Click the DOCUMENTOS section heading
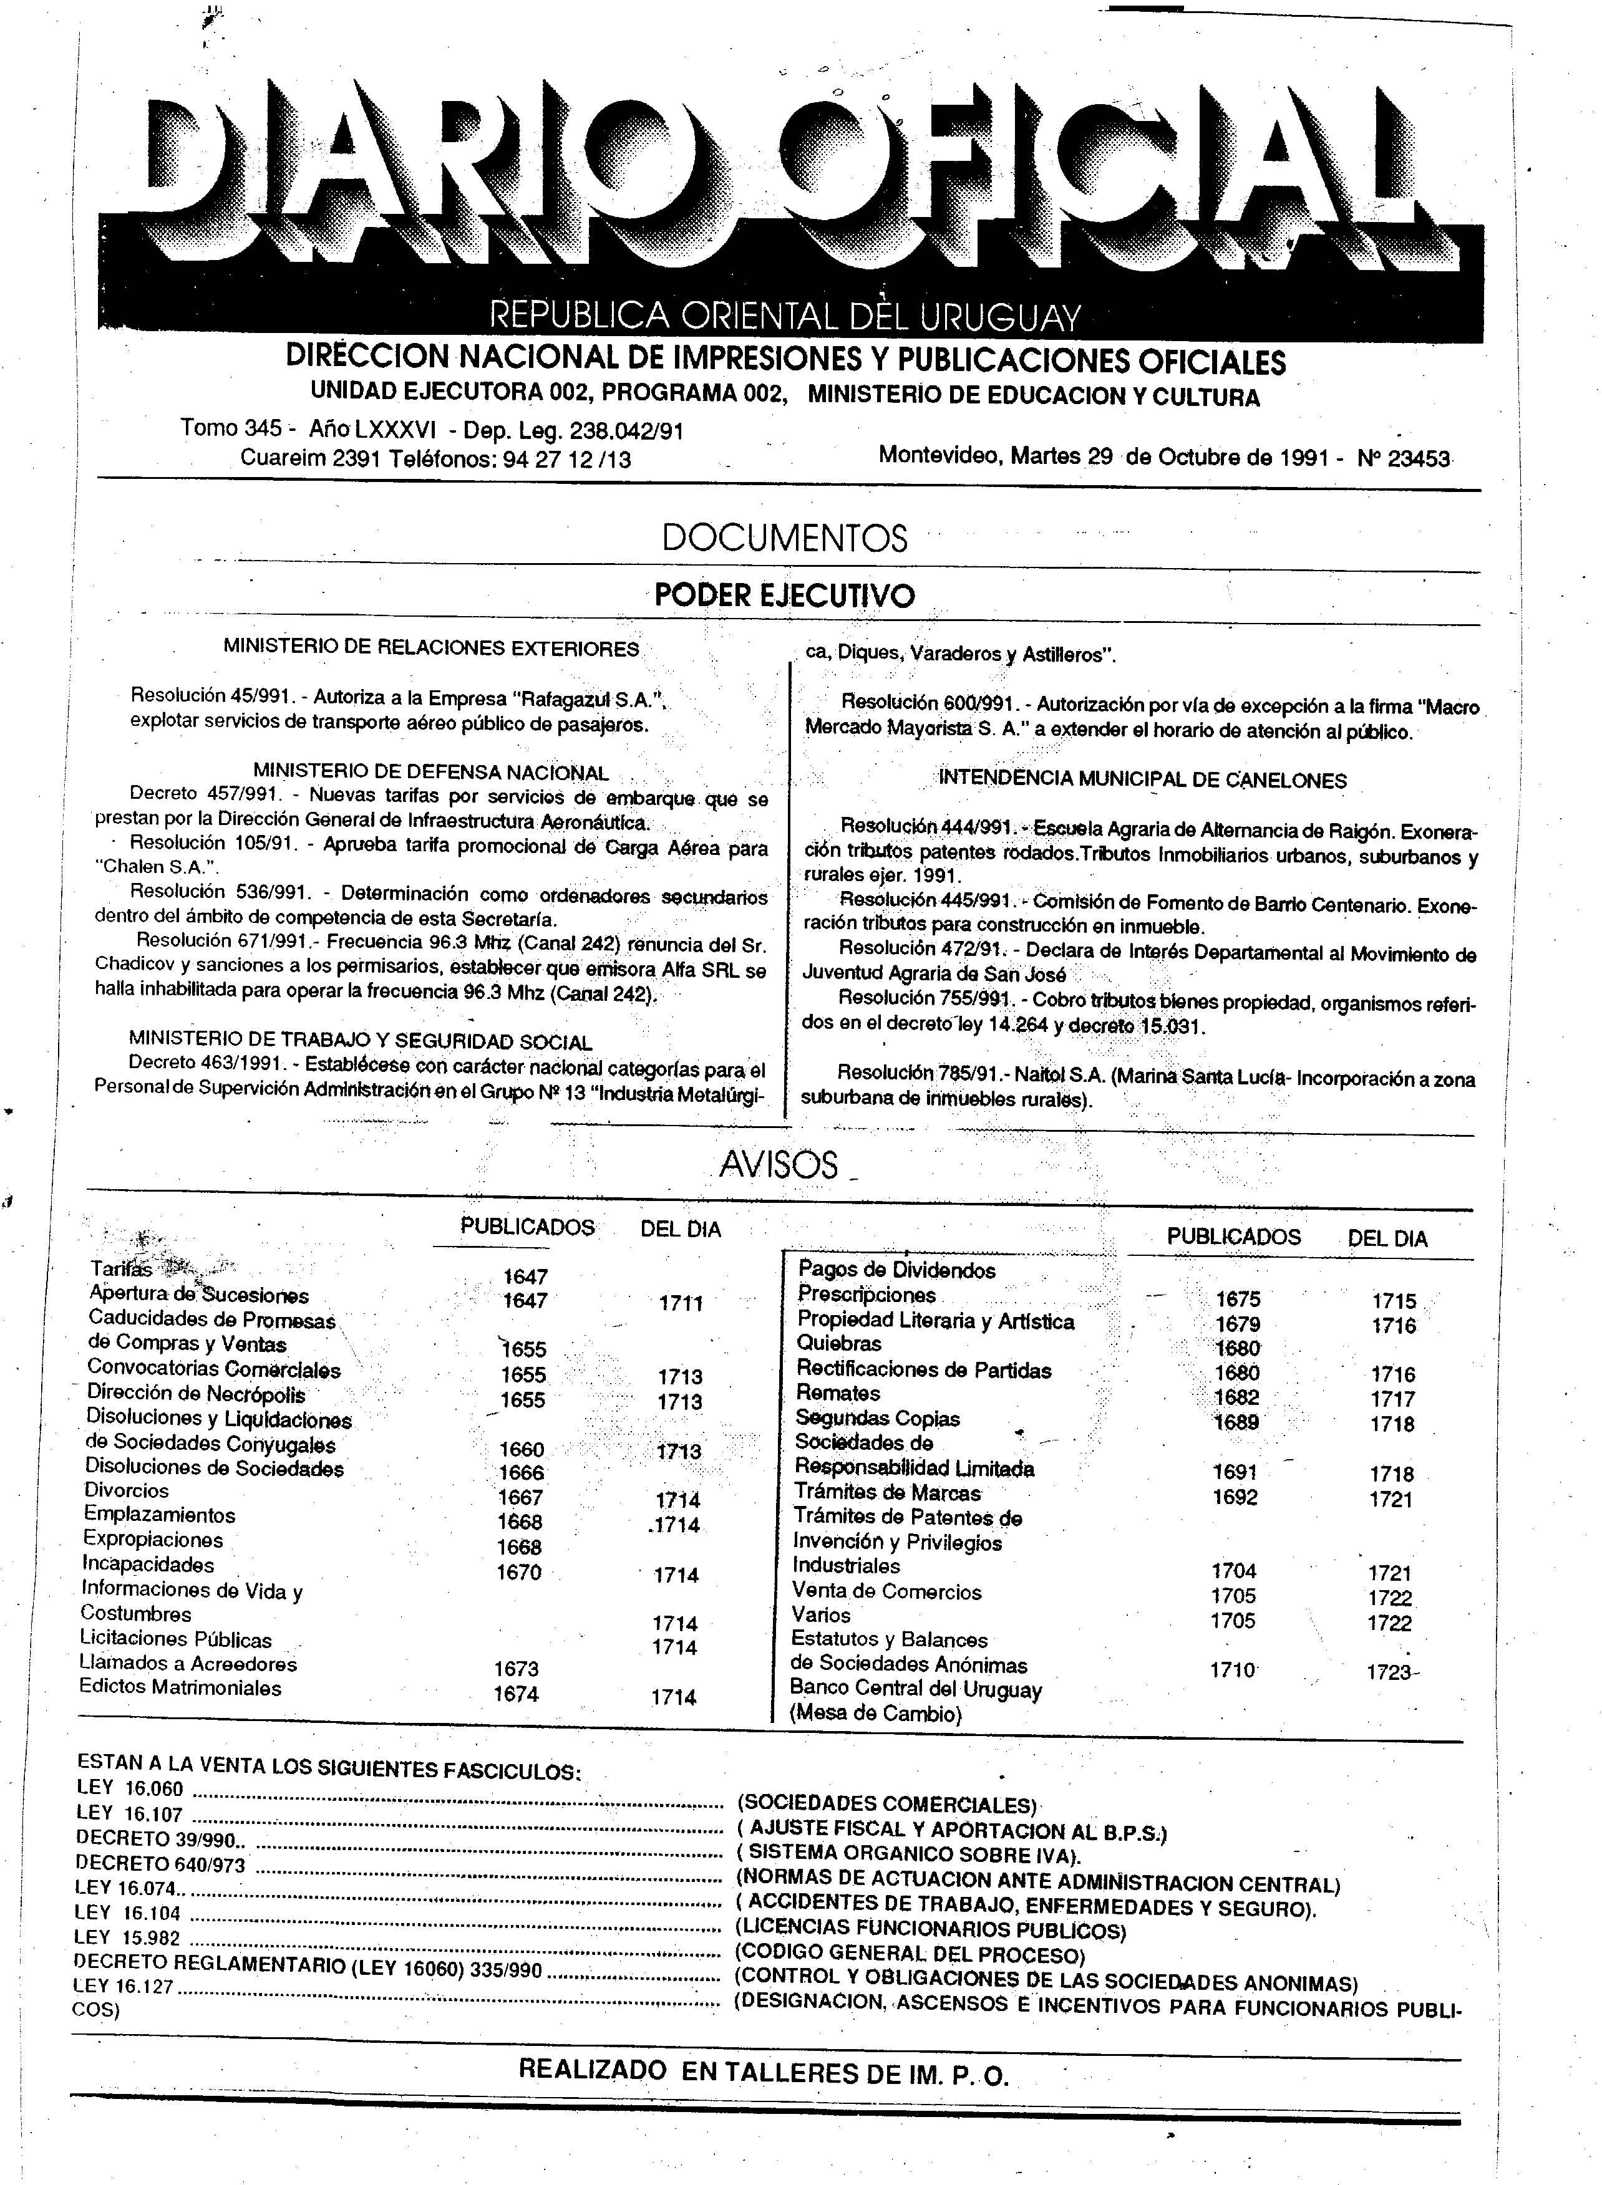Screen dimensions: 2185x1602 [785, 538]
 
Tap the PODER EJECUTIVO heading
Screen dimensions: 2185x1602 [785, 594]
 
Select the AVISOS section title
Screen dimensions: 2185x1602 [779, 1164]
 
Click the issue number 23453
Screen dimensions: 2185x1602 [1419, 458]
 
